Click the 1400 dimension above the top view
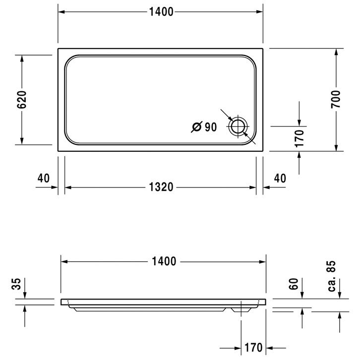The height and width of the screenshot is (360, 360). [161, 12]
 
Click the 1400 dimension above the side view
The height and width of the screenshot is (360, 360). [164, 261]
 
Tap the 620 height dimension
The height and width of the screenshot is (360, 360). [22, 100]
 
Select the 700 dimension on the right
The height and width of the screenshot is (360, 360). [336, 99]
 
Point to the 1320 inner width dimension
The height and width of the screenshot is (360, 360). [161, 187]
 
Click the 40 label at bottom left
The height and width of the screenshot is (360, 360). [44, 178]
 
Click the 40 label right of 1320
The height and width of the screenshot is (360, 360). [280, 179]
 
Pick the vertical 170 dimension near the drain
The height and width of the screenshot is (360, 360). [300, 138]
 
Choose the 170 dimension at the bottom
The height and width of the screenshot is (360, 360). [253, 348]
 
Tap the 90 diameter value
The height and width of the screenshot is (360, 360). [211, 127]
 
